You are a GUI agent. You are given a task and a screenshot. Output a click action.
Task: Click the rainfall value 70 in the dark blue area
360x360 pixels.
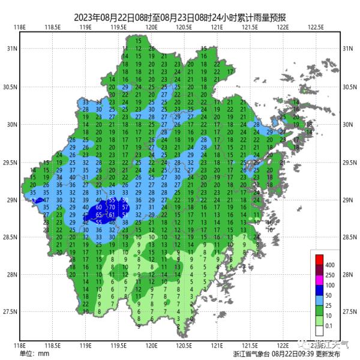tap(112, 207)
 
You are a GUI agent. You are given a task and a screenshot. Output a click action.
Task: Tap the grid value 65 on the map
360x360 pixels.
tap(99, 214)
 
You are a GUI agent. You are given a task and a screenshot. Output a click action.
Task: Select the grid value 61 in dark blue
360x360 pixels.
tap(112, 214)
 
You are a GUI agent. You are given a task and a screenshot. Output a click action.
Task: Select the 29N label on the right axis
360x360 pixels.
tap(347, 200)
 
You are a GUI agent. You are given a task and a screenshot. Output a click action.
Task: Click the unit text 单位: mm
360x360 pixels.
tap(35, 353)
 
